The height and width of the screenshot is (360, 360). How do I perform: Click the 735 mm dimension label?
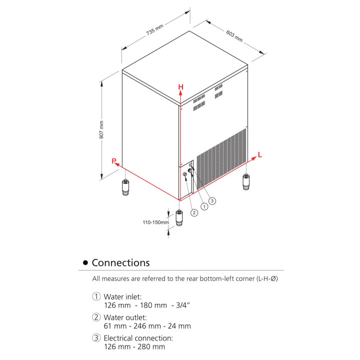coord(154,29)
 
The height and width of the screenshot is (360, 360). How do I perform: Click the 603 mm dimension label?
coord(234,36)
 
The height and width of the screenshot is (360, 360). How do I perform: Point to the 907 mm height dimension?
coord(101,129)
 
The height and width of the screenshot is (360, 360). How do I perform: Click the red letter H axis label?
coord(181,87)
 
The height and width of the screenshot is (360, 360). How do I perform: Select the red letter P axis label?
coord(114,161)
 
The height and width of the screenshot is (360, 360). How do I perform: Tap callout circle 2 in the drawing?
coord(194,212)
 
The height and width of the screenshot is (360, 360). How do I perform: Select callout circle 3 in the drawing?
coord(212,200)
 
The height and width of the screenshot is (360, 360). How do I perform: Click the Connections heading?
coord(120,262)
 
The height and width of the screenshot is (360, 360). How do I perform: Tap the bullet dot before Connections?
coord(85,263)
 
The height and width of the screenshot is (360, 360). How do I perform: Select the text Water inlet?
coord(122,296)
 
